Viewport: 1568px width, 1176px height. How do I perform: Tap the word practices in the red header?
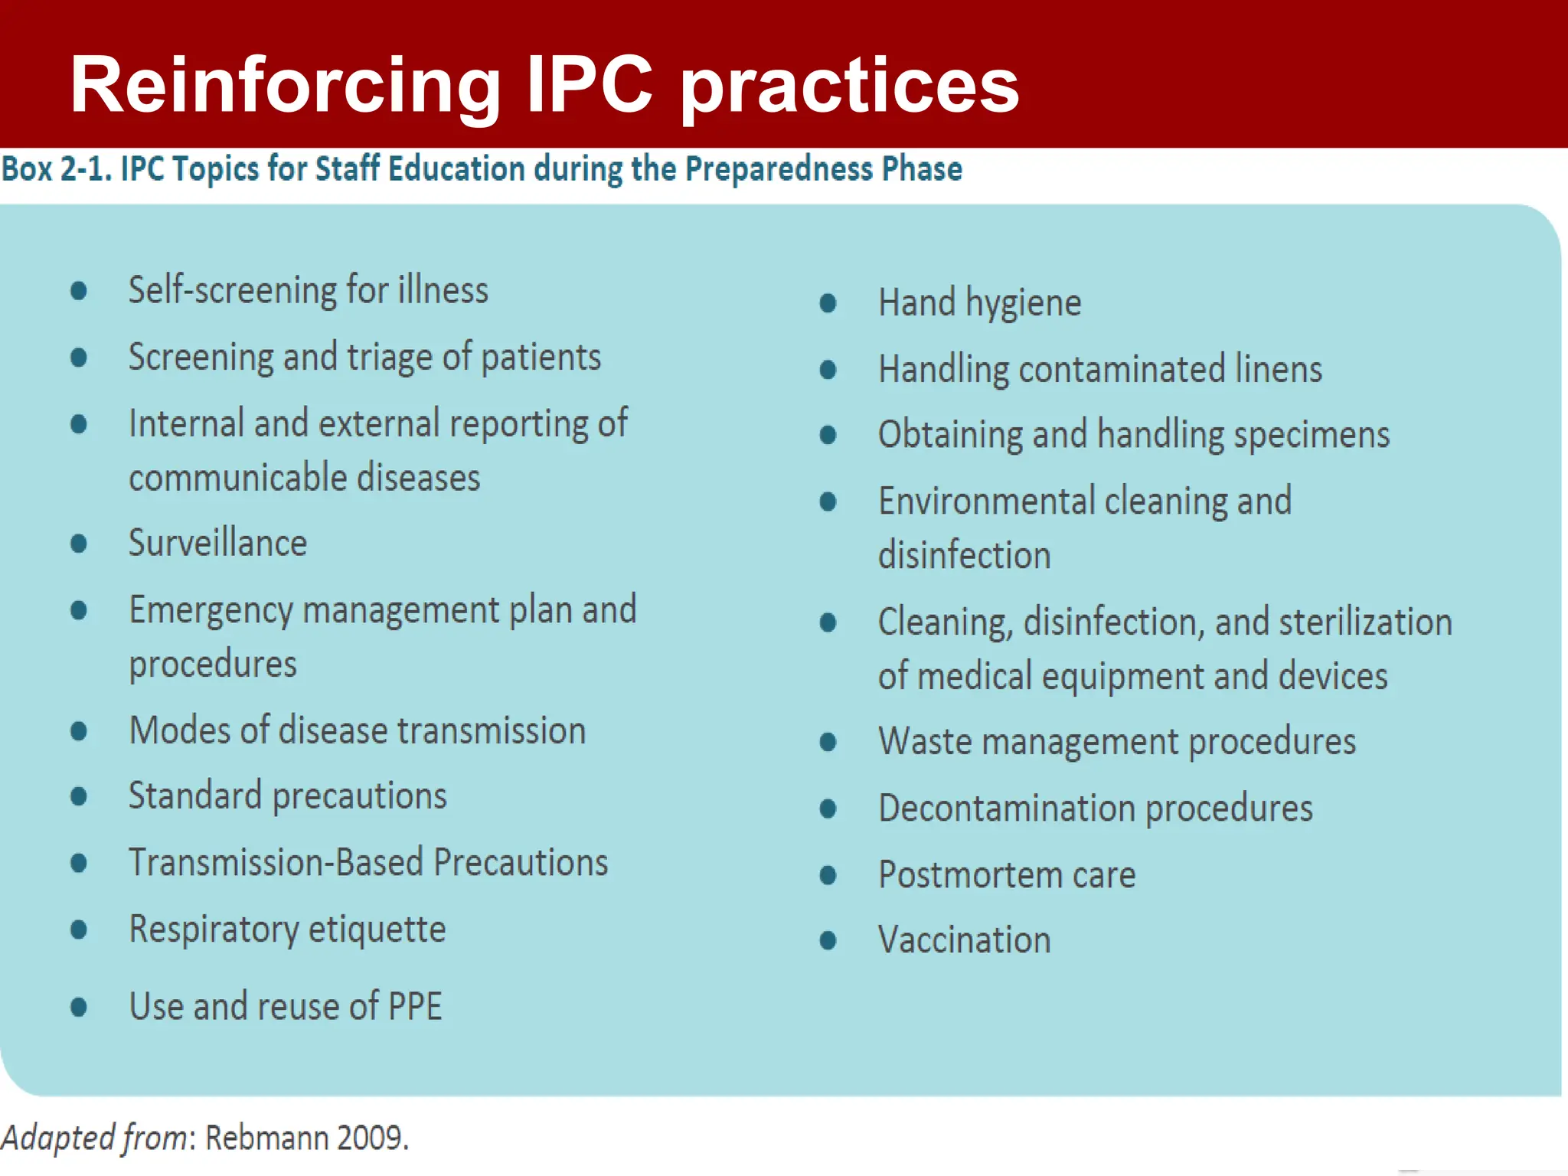click(850, 86)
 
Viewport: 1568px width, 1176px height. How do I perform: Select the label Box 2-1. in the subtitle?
click(57, 169)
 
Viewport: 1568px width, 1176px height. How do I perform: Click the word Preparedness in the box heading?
click(778, 169)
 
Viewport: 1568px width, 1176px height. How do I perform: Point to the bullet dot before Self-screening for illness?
click(78, 290)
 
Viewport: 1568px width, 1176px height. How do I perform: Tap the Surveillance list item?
click(217, 543)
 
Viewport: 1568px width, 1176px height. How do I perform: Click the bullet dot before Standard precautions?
click(78, 796)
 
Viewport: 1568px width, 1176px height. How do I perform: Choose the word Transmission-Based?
click(276, 863)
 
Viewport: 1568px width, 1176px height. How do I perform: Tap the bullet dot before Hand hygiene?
click(828, 303)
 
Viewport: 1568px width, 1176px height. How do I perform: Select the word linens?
click(1278, 369)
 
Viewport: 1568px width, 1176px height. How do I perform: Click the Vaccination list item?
click(964, 940)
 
